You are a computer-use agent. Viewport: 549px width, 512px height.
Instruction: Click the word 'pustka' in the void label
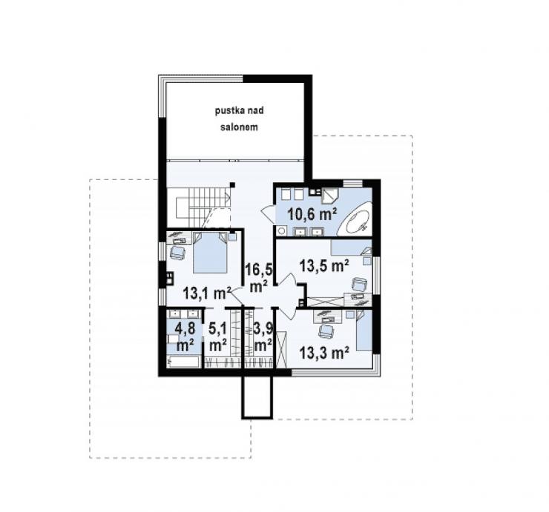click(x=226, y=111)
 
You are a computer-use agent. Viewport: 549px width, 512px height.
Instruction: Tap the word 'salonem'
click(x=239, y=127)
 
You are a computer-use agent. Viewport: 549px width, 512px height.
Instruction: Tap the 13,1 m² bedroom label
click(x=207, y=293)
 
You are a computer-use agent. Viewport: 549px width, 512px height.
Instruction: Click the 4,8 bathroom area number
click(x=185, y=329)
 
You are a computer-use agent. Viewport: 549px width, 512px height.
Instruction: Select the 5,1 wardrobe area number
click(x=218, y=329)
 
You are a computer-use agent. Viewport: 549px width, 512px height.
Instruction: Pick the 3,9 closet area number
click(x=263, y=329)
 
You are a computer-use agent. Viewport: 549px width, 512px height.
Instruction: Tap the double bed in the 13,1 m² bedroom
click(x=211, y=253)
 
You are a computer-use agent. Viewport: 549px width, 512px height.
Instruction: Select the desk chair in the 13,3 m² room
click(x=326, y=331)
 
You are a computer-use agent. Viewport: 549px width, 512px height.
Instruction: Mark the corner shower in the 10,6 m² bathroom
click(x=329, y=196)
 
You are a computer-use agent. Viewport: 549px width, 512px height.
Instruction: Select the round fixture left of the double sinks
click(x=281, y=230)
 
